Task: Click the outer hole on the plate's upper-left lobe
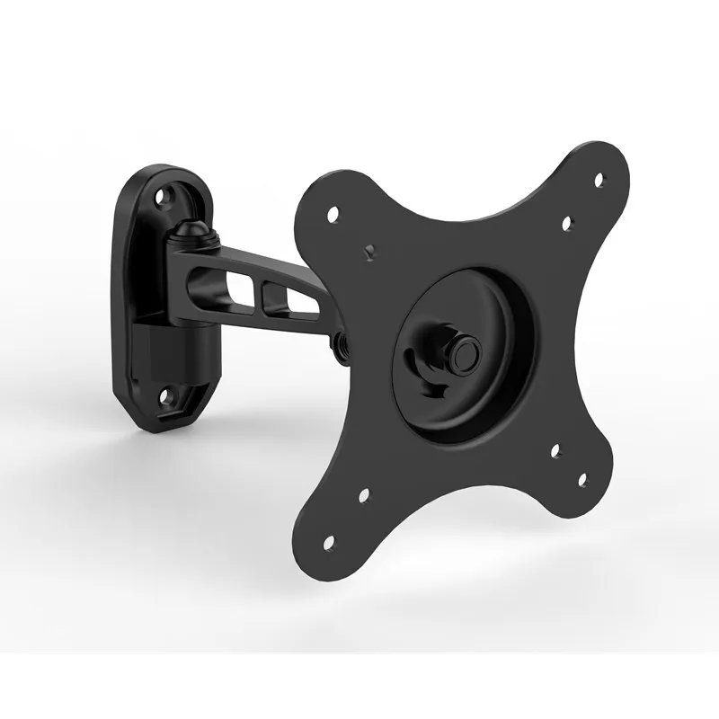(x=333, y=214)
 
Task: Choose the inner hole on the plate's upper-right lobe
(x=567, y=223)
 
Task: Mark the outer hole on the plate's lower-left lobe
(x=326, y=542)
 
